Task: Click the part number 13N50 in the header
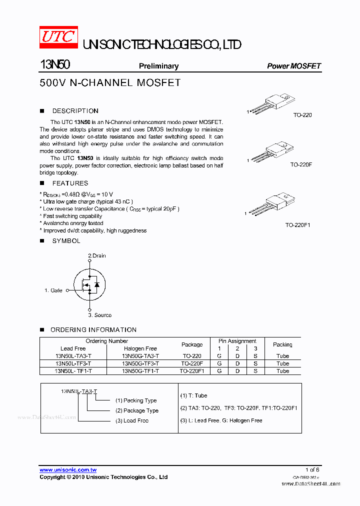[x=54, y=65]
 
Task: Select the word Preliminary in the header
[x=158, y=66]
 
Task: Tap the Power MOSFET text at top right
[x=293, y=66]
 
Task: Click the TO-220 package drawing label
[x=302, y=115]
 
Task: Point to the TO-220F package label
[x=301, y=164]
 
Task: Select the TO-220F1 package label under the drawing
[x=298, y=225]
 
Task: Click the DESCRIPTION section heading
[x=75, y=111]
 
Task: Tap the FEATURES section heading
[x=70, y=183]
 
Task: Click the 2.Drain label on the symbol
[x=97, y=255]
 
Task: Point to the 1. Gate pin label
[x=53, y=290]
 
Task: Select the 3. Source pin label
[x=100, y=315]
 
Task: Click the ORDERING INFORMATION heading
[x=93, y=330]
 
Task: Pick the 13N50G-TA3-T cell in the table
[x=140, y=356]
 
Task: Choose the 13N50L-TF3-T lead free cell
[x=73, y=363]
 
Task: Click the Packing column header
[x=282, y=344]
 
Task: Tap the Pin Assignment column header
[x=237, y=341]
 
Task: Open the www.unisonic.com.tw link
[x=68, y=470]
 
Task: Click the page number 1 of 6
[x=312, y=470]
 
